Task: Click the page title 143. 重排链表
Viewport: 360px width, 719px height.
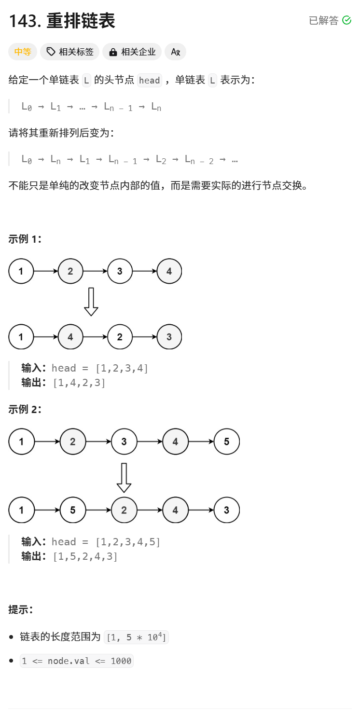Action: coord(62,21)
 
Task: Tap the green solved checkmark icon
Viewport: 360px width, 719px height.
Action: coord(346,20)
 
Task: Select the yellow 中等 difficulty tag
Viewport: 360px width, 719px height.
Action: coord(23,52)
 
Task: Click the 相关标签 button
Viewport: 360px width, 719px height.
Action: coord(70,52)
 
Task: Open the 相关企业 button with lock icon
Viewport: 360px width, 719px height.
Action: coord(132,52)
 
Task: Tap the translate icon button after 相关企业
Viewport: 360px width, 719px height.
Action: coord(175,52)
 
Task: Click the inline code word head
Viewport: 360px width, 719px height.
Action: coord(149,81)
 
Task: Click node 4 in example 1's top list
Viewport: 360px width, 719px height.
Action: coord(169,271)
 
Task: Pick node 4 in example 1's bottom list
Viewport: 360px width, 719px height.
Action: coord(70,337)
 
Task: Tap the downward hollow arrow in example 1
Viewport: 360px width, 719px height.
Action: coord(91,302)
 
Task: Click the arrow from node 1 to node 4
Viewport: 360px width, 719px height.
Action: coord(46,337)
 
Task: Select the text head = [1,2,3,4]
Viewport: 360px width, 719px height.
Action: coord(100,368)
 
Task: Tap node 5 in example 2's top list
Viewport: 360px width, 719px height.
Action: coord(226,442)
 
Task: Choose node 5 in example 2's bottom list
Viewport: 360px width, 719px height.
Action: coord(72,510)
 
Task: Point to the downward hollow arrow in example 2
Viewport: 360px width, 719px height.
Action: coord(124,477)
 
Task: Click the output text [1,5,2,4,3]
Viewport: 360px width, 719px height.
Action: coord(85,556)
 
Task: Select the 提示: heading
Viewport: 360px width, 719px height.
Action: coord(21,609)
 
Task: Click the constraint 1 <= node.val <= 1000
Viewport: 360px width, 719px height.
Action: coord(77,661)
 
